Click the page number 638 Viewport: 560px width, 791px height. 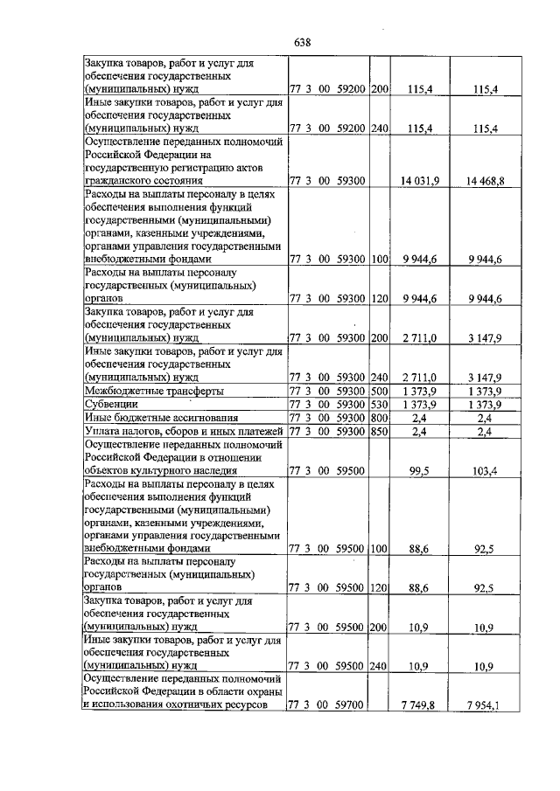304,42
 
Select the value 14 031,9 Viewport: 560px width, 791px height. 418,180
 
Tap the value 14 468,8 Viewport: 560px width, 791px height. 484,180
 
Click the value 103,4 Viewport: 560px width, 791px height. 486,471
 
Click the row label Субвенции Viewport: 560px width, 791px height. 110,406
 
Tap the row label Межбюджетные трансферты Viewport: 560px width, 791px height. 153,391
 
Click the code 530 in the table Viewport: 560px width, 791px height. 379,406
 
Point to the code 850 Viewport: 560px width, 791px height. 379,432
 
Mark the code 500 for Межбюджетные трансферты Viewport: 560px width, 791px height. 379,391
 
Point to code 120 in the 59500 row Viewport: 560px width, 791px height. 379,588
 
